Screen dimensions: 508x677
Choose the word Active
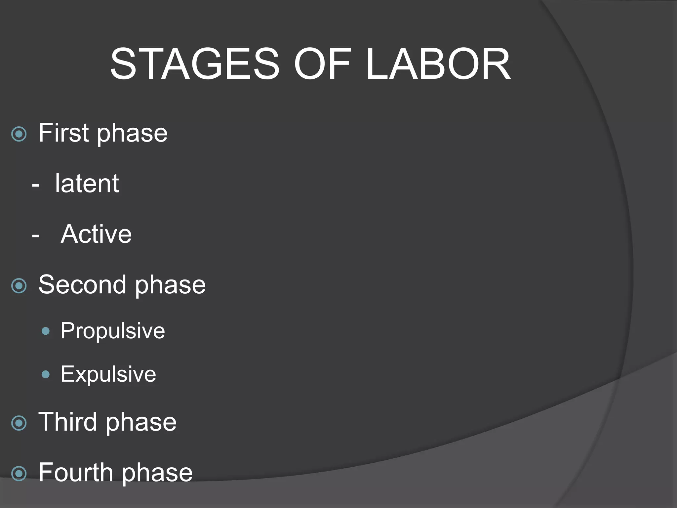pyautogui.click(x=96, y=234)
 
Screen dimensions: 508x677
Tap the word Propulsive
pyautogui.click(x=112, y=331)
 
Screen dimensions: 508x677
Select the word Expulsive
pyautogui.click(x=108, y=374)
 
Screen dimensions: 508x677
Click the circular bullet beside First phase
pyautogui.click(x=19, y=134)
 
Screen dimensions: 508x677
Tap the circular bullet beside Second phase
pyautogui.click(x=19, y=286)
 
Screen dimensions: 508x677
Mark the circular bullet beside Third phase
pyautogui.click(x=19, y=423)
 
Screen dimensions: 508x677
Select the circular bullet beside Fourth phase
pyautogui.click(x=19, y=474)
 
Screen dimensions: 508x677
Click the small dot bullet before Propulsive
pyautogui.click(x=46, y=331)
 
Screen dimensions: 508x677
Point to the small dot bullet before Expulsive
pyautogui.click(x=46, y=375)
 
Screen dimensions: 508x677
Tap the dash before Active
pyautogui.click(x=36, y=236)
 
